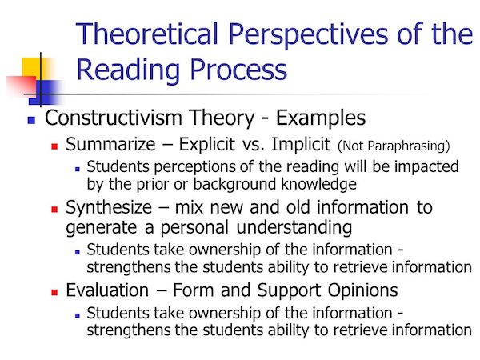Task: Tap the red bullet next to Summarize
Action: pos(55,147)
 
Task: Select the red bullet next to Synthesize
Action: pos(55,209)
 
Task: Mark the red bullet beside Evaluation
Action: pos(55,290)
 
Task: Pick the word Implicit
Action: pos(295,146)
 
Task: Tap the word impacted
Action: pos(427,166)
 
